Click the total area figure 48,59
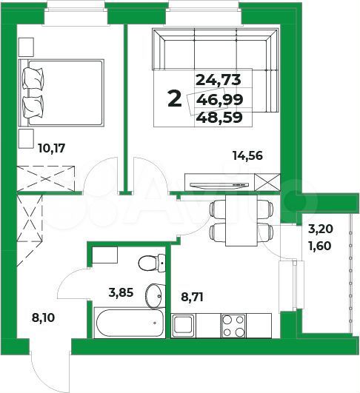point(221,116)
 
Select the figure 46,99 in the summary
point(221,98)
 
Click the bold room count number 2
point(174,98)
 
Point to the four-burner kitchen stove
point(236,323)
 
